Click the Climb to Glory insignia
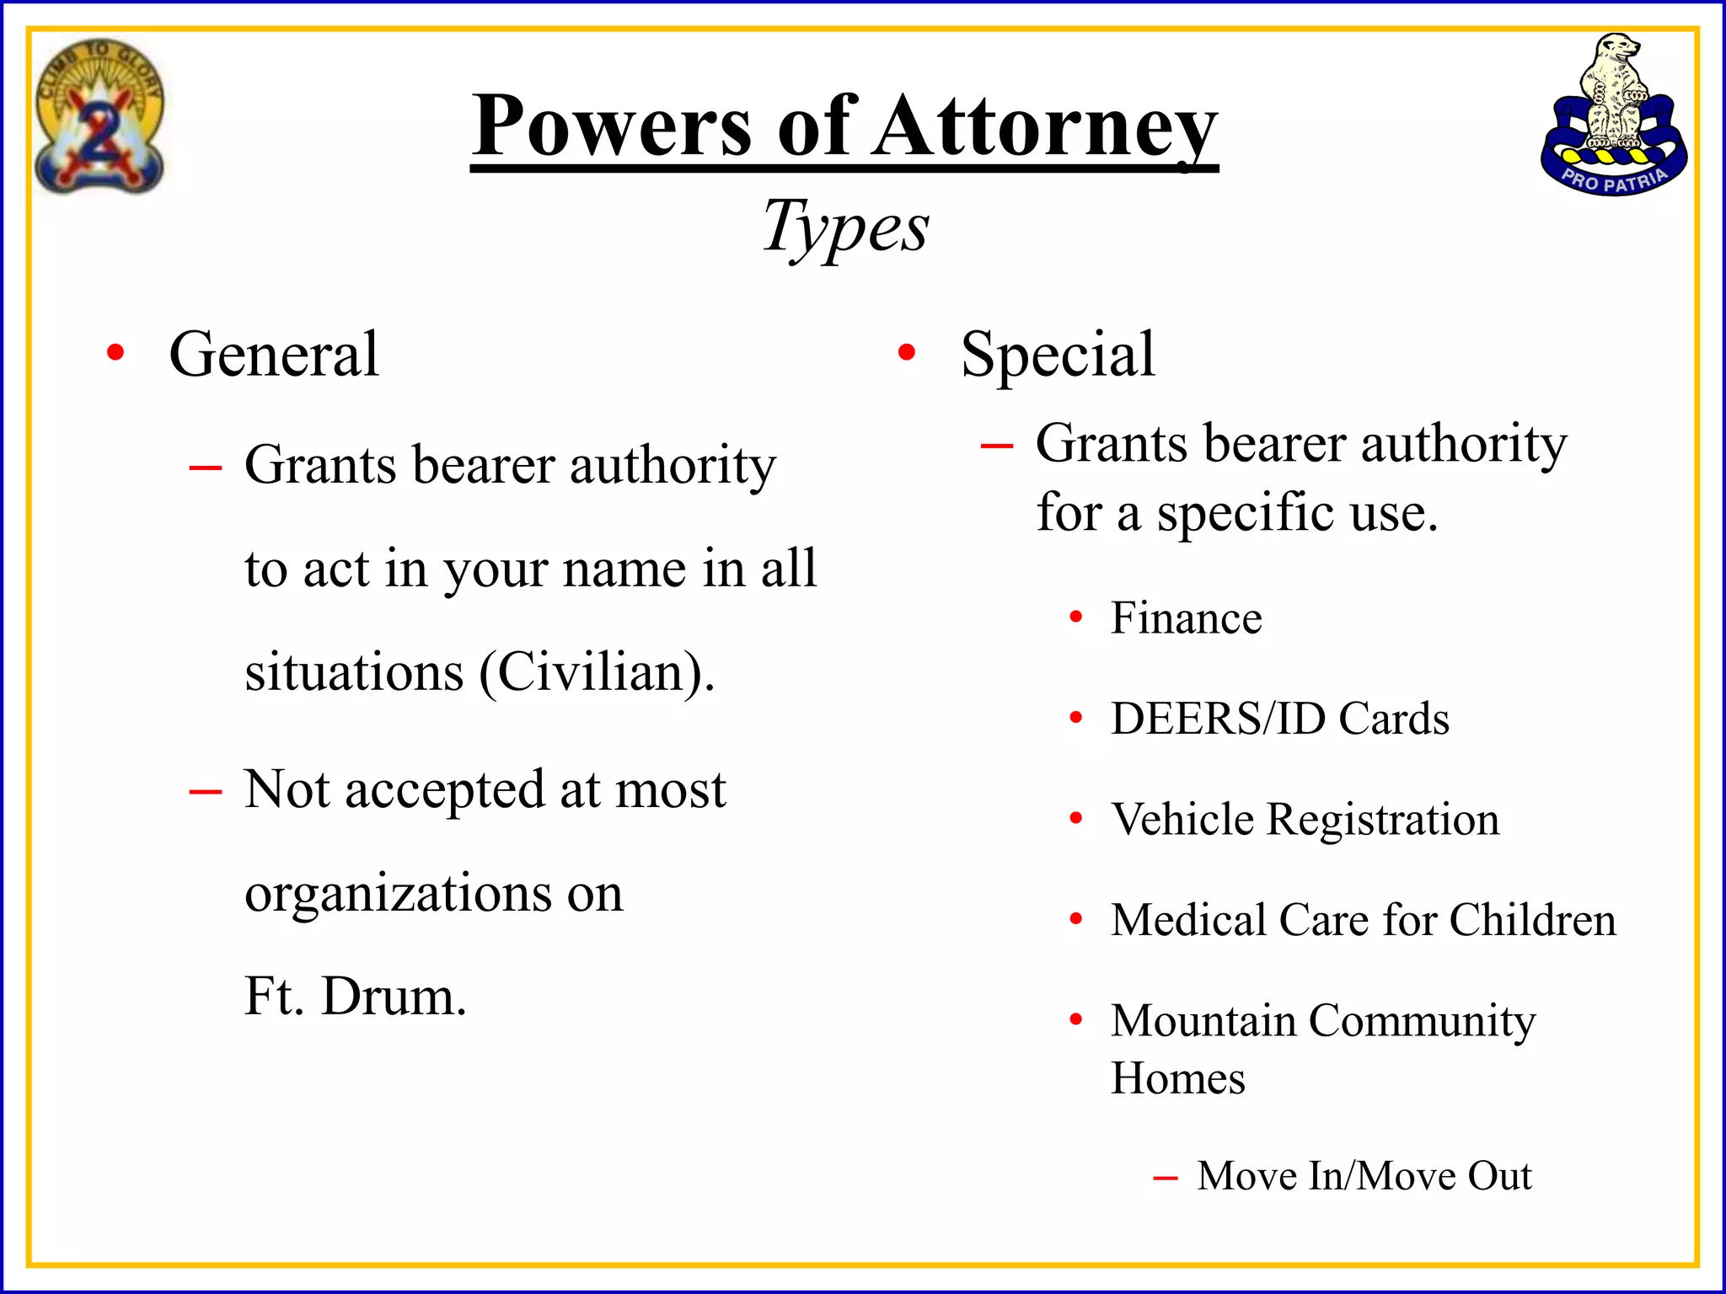point(99,116)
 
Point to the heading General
point(274,354)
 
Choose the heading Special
point(1058,354)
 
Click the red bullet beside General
point(115,353)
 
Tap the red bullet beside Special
point(907,353)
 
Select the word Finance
point(1186,618)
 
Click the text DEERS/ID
point(1219,719)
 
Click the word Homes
point(1177,1078)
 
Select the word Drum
point(394,997)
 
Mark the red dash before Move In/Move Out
point(1166,1178)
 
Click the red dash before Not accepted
point(206,792)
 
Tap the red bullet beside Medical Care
point(1076,919)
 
